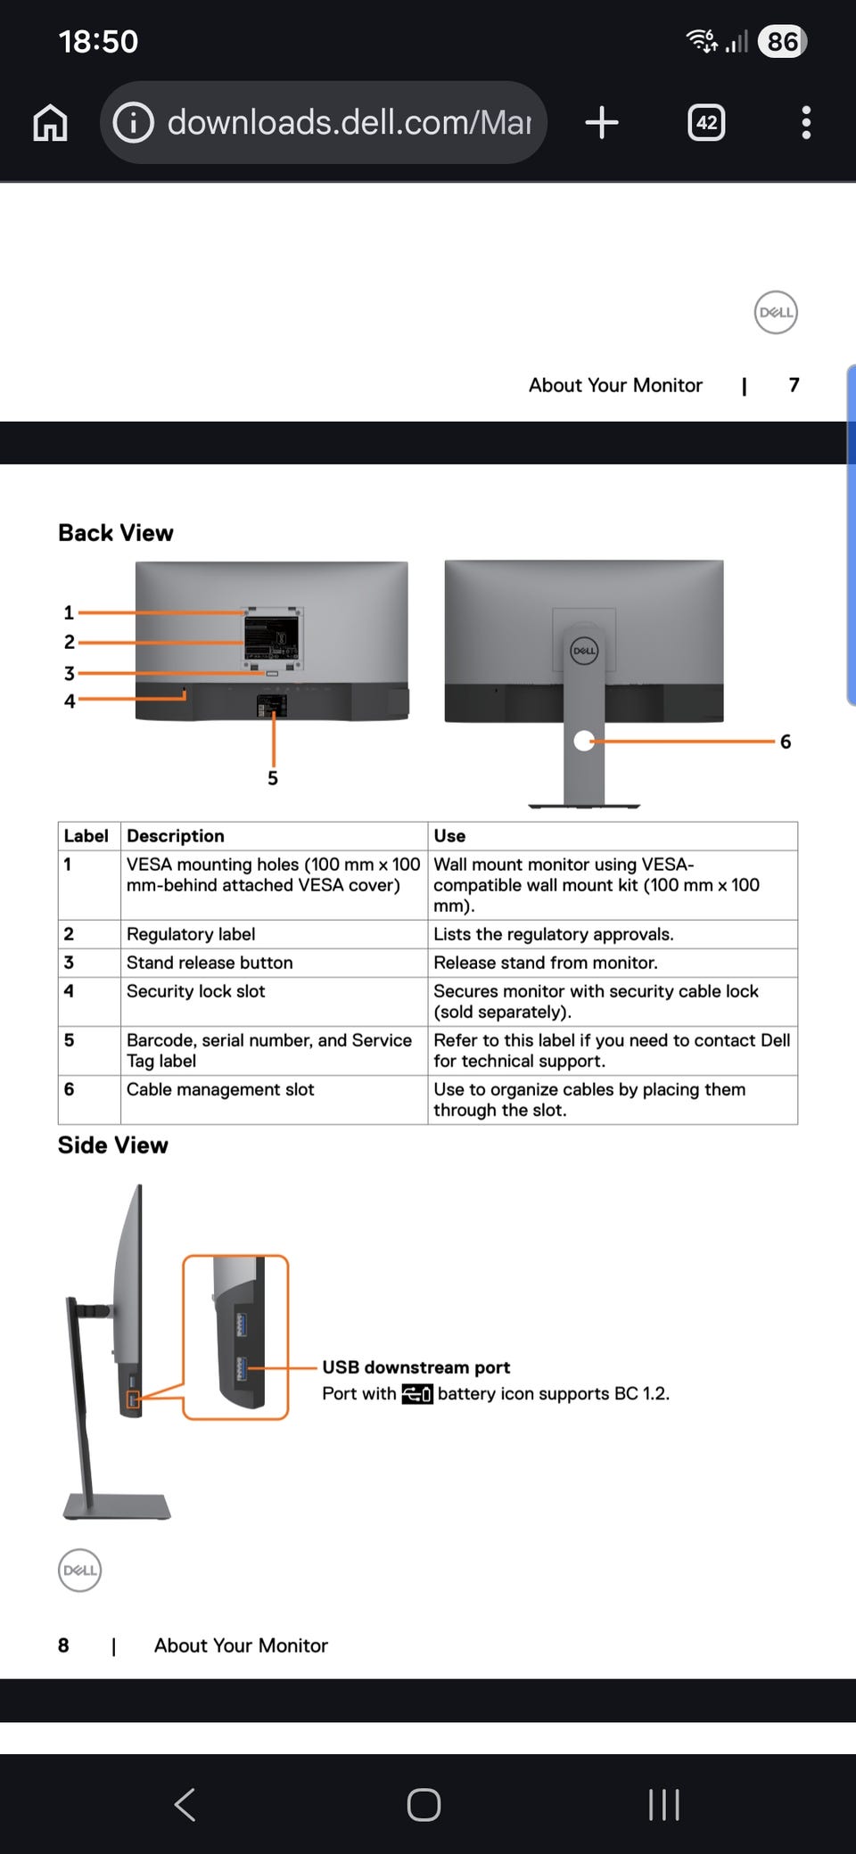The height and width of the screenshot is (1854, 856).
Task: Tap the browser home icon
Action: (50, 123)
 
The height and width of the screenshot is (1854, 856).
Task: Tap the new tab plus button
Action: (602, 122)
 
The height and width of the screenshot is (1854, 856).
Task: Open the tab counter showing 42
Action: (706, 122)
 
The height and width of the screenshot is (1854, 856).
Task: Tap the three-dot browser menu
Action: (806, 122)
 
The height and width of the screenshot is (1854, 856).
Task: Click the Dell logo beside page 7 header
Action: (776, 313)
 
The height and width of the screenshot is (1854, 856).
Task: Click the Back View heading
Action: (116, 533)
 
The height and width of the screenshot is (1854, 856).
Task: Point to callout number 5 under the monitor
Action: (273, 778)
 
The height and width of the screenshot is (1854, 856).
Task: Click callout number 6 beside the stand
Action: (786, 742)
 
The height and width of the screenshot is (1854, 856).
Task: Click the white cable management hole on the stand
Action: (584, 741)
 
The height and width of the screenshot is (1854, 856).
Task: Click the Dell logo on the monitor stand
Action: (584, 651)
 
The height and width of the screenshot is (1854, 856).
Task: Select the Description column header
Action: (176, 836)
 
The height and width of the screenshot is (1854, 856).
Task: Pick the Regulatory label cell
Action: (191, 934)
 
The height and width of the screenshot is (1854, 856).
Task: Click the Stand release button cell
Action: (210, 963)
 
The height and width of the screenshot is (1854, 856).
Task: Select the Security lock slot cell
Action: (196, 991)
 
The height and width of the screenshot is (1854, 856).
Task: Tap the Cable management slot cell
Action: (220, 1089)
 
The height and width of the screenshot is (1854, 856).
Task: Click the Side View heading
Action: (113, 1145)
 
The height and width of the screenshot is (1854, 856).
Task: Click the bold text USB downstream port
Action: (416, 1367)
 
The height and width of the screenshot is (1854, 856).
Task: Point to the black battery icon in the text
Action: (417, 1394)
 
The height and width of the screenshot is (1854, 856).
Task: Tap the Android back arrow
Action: (185, 1805)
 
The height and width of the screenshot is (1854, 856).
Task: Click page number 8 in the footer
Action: (63, 1645)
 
